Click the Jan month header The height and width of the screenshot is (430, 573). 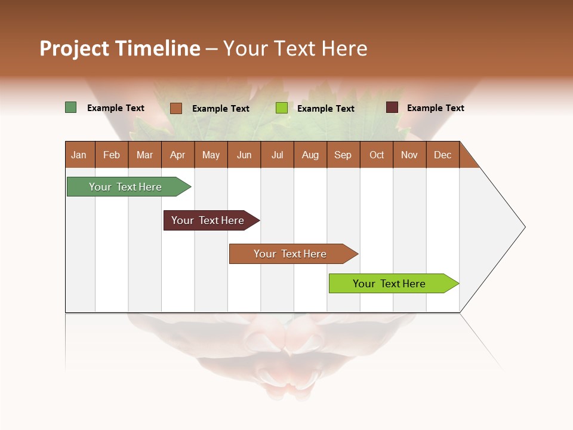coord(79,155)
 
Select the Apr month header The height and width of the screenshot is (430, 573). coord(178,155)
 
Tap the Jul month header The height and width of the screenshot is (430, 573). coord(278,155)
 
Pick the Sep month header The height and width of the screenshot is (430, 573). coord(343,155)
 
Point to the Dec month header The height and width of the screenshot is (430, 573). coord(443,155)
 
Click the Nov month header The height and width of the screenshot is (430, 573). coord(409,155)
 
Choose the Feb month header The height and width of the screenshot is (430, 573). coord(112,155)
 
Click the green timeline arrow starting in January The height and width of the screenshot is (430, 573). coord(126,187)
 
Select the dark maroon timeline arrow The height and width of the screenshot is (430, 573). coord(208,220)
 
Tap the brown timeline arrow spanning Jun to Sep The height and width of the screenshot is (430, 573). coord(290,254)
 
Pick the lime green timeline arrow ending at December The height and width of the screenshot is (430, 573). coord(390,284)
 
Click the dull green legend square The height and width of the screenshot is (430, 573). coord(70,107)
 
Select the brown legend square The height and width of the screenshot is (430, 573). coord(176,108)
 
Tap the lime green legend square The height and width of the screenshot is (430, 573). coord(281,108)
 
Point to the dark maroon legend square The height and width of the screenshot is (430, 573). coord(392,107)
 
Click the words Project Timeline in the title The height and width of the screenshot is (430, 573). coord(120,48)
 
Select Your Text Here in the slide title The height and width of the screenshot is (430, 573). coord(295,48)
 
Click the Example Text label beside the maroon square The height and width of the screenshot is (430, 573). coord(435,107)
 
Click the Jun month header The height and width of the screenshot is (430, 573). coord(244,155)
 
